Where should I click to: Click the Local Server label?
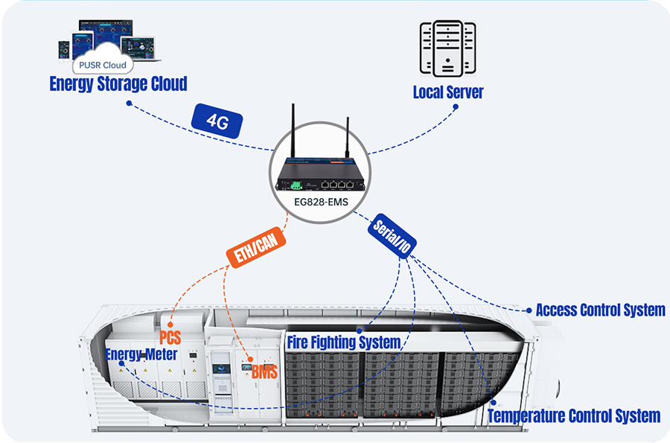[448, 92]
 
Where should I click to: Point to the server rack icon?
[447, 48]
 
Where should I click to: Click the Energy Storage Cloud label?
[118, 83]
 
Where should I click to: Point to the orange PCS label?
[170, 338]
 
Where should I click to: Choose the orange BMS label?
[264, 372]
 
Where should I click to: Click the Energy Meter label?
[141, 354]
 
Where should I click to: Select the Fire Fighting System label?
[343, 343]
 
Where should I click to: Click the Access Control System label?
[600, 310]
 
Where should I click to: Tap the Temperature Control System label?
[573, 415]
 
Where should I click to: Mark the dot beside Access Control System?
[529, 310]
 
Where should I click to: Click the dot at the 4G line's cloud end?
[129, 103]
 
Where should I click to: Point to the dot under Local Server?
[456, 107]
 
